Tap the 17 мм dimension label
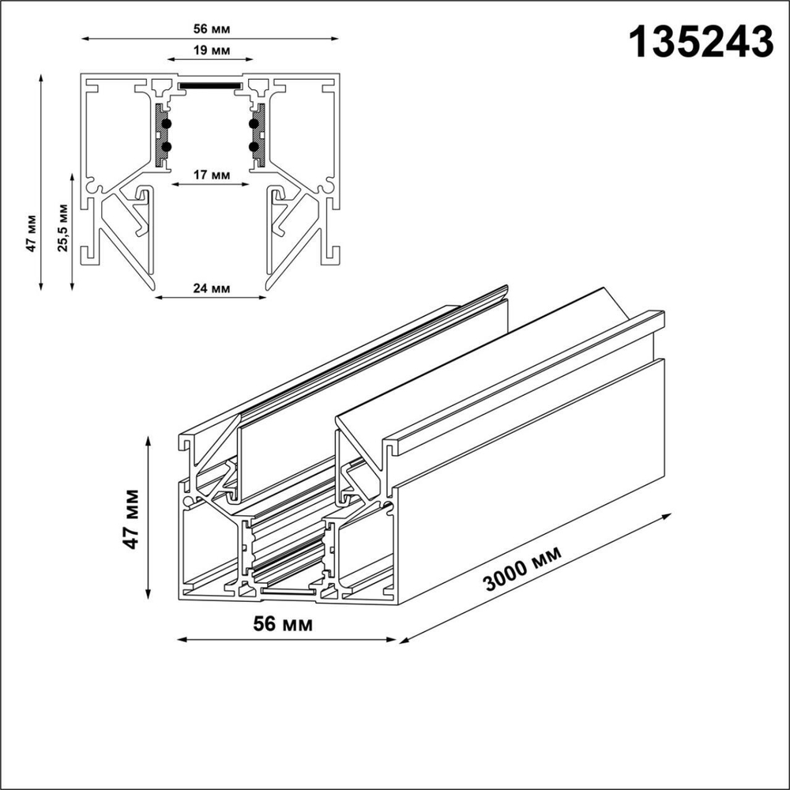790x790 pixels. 211,175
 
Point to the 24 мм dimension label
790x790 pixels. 211,288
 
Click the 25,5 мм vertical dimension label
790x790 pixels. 63,228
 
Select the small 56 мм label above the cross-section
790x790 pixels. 211,28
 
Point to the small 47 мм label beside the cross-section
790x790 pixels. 31,232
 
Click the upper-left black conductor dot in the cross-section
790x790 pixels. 167,124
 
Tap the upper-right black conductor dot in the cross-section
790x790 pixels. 254,124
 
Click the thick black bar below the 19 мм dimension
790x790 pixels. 210,83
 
